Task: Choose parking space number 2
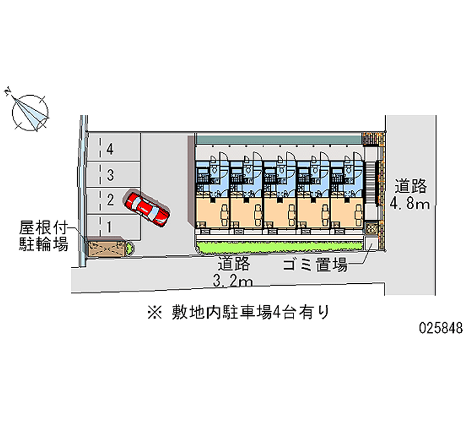[110, 200]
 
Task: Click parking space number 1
[110, 225]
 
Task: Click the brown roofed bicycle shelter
[106, 248]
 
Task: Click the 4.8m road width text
[409, 204]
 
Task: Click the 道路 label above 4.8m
[411, 186]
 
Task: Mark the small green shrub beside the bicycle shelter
[129, 248]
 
